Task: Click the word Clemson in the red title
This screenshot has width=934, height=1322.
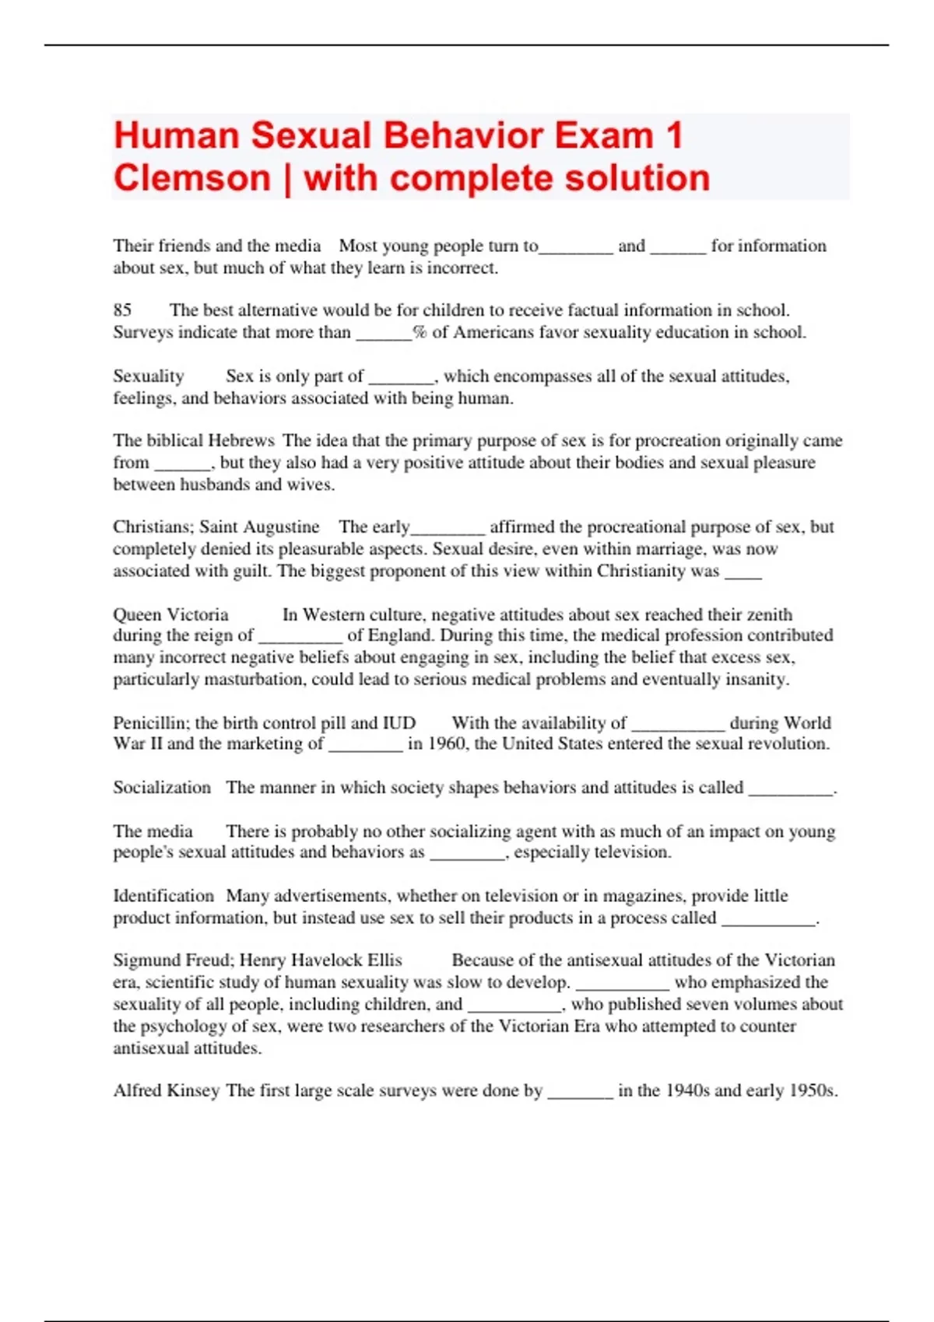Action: [x=191, y=178]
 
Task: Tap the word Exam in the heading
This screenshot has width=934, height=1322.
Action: [x=603, y=135]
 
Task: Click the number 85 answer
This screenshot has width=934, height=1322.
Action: [x=122, y=310]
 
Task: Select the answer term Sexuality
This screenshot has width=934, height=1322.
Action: [x=148, y=376]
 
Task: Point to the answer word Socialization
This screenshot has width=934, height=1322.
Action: [x=162, y=788]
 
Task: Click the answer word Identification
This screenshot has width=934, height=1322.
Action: [x=163, y=896]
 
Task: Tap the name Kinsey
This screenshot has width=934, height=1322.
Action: [x=194, y=1091]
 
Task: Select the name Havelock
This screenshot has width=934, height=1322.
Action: [x=320, y=960]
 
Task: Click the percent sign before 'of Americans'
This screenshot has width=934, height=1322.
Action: [x=420, y=333]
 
